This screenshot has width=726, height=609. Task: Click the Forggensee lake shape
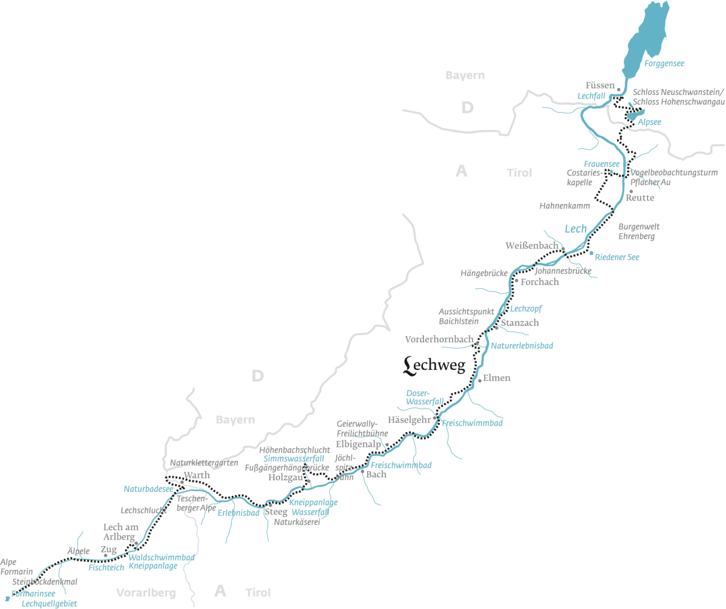[647, 36]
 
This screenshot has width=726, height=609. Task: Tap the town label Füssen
[600, 85]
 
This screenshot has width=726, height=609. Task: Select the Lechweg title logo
[434, 364]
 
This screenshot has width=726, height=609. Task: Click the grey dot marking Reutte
[631, 191]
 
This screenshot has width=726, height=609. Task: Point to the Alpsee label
[650, 122]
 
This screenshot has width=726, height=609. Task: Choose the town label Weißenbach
[532, 245]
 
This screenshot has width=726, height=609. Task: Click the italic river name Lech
[575, 229]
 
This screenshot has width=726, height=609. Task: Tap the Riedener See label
[617, 257]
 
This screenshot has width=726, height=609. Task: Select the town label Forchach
[540, 282]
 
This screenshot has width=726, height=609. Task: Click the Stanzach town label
[520, 323]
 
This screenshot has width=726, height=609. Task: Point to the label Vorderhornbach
[439, 340]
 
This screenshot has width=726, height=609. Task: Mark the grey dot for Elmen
[480, 381]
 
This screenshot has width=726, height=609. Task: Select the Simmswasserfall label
[293, 459]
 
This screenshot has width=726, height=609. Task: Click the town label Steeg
[276, 512]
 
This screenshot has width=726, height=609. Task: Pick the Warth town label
[197, 475]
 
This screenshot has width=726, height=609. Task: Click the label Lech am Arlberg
[121, 532]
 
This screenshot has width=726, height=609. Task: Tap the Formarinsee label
[33, 594]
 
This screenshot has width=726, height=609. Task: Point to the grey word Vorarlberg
[146, 592]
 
